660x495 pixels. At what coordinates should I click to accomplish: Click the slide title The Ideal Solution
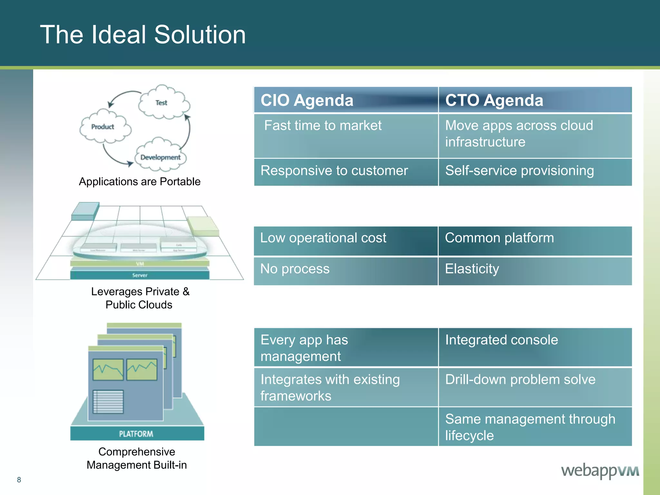(x=143, y=34)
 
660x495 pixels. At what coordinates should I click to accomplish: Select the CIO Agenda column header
(x=345, y=100)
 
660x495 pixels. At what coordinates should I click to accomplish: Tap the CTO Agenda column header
(x=535, y=100)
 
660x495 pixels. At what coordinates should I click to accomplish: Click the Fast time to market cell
(x=345, y=135)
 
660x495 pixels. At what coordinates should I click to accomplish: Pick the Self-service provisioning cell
(x=535, y=171)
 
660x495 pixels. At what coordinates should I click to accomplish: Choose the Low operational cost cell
(x=345, y=240)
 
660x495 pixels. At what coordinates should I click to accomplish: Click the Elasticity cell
(x=535, y=270)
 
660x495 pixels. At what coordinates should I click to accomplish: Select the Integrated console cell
(x=535, y=347)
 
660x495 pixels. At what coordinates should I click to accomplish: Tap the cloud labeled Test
(x=163, y=102)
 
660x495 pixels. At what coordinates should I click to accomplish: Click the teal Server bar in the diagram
(x=140, y=275)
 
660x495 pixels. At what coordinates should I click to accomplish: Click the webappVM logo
(x=600, y=471)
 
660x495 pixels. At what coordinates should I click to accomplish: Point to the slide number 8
(x=19, y=480)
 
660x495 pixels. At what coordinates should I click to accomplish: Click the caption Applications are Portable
(x=140, y=182)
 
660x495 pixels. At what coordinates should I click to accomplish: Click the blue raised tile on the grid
(x=84, y=211)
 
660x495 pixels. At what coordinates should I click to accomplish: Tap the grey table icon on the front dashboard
(x=108, y=402)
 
